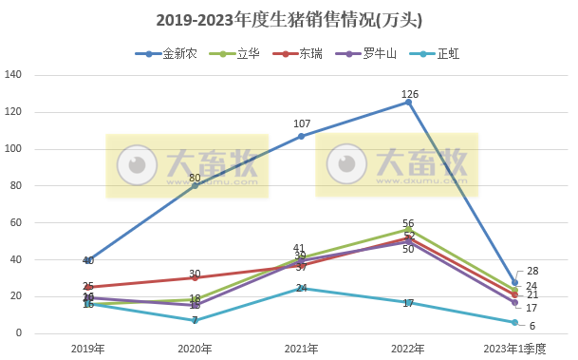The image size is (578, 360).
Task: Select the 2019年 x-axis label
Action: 87,348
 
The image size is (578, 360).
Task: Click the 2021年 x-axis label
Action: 301,348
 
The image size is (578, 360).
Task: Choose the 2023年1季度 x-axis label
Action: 514,348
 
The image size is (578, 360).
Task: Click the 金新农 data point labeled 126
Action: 408,102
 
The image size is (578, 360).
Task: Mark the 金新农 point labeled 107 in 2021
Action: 302,136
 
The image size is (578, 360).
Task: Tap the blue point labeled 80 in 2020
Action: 195,185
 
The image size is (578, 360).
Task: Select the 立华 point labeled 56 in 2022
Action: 408,230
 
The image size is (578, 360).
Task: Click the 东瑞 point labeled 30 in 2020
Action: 195,277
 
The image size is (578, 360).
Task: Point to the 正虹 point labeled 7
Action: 195,320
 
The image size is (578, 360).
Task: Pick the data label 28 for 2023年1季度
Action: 531,272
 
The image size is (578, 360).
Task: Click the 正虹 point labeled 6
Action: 515,322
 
